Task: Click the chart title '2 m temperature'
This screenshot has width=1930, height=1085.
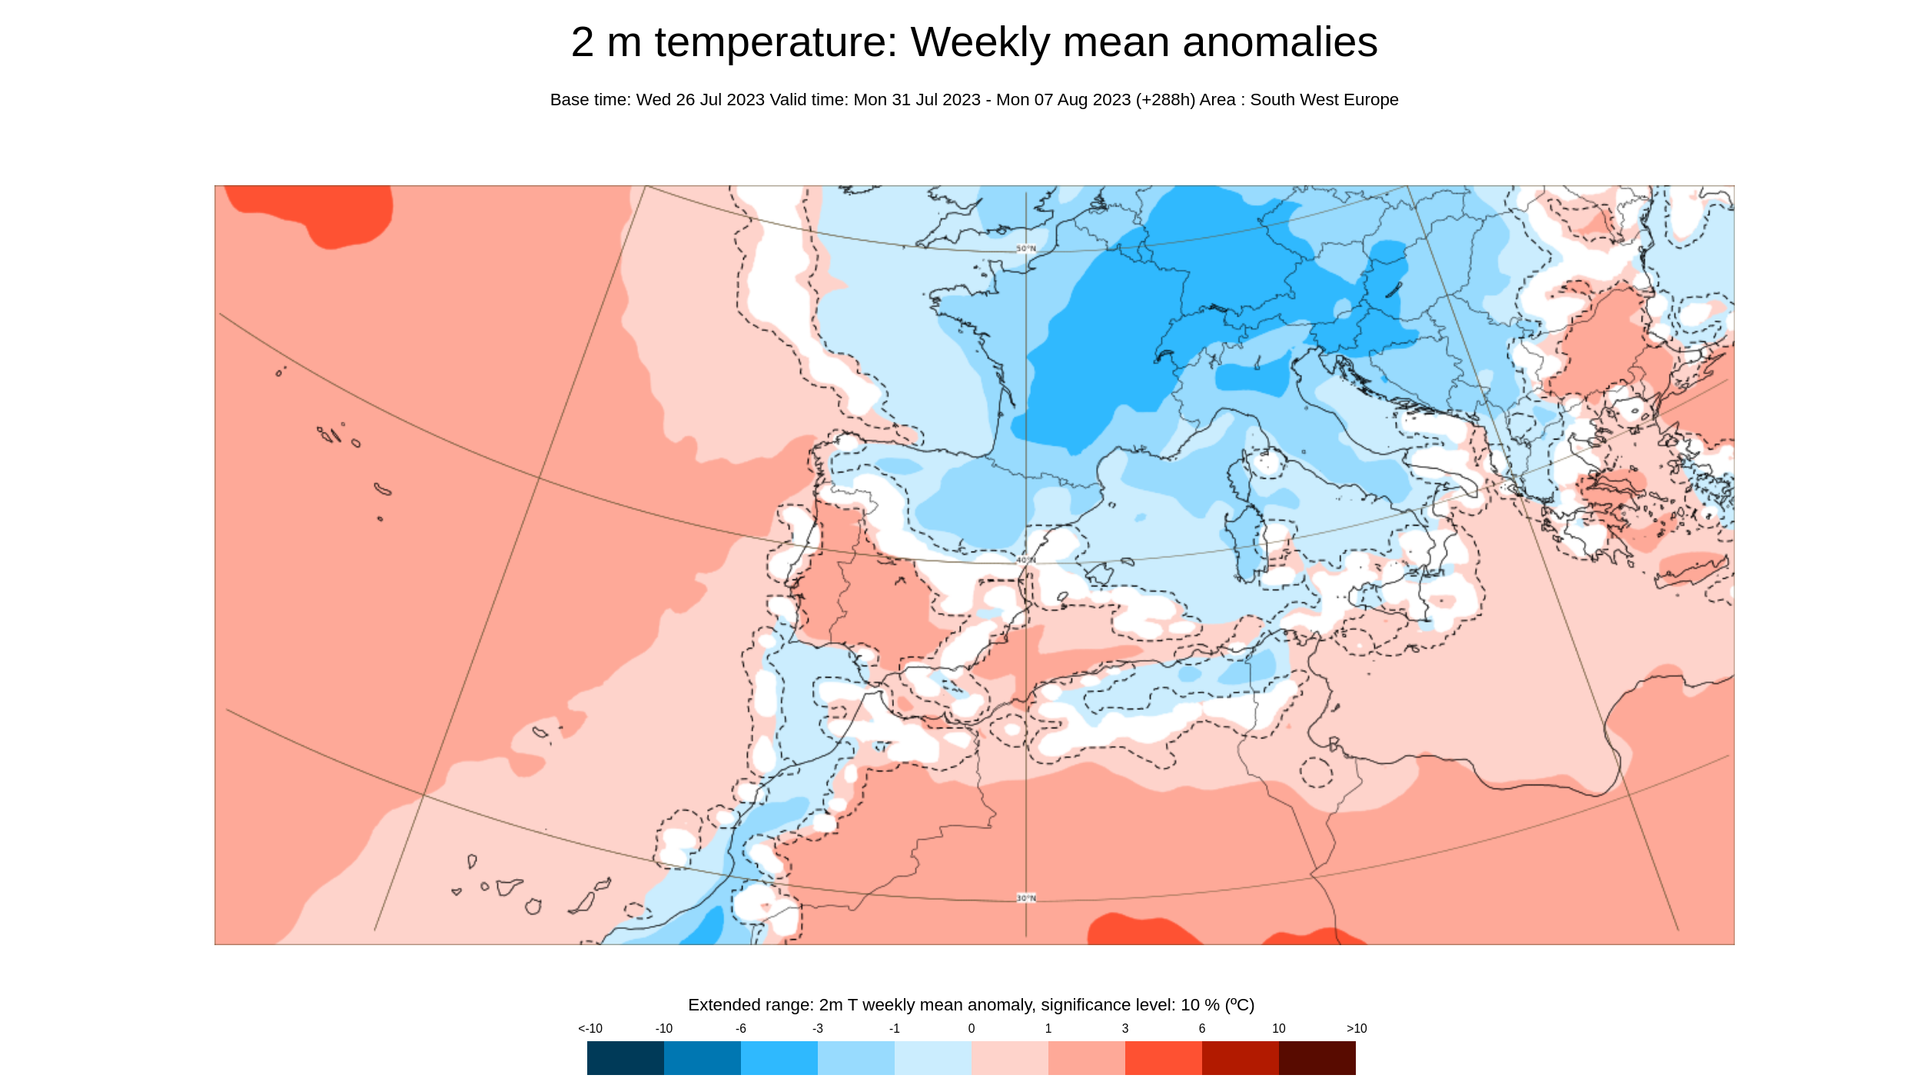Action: pos(733,42)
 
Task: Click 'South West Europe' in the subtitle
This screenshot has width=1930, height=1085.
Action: pos(1324,100)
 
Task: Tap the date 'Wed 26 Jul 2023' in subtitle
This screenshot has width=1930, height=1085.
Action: pos(699,100)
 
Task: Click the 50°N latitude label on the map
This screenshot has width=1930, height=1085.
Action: pos(1026,248)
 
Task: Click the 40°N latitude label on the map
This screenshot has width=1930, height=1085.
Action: pos(1026,560)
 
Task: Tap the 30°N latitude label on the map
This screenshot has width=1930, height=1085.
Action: pos(1026,898)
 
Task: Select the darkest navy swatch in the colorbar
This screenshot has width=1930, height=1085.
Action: pos(625,1057)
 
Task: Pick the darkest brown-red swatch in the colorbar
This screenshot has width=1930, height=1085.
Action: pos(1317,1057)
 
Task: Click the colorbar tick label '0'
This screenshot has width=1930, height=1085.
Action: pos(971,1028)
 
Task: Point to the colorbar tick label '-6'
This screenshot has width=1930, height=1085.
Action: pos(740,1028)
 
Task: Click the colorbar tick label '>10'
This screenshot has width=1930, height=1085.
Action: pos(1356,1028)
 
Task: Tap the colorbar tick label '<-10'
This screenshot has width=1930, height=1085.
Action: pos(590,1028)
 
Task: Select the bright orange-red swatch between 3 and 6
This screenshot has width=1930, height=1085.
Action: pos(1163,1057)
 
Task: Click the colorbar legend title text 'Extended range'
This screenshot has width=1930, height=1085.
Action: pos(749,1004)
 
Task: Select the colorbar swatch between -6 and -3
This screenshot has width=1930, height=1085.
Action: pos(779,1057)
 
